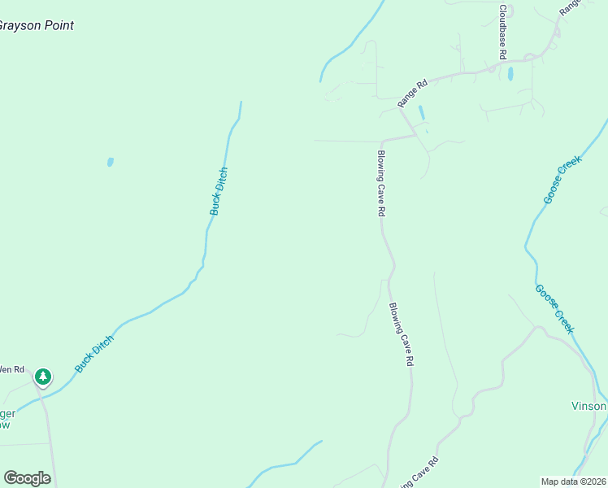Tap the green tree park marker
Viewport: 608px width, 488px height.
(x=43, y=377)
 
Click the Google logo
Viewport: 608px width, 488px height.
(x=27, y=478)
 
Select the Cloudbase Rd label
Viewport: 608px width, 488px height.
(x=503, y=32)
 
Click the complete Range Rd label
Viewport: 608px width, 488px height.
(x=412, y=94)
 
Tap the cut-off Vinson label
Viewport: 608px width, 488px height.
(x=588, y=406)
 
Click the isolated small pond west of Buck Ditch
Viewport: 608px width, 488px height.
(x=110, y=162)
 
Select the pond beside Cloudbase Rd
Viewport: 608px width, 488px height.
(x=510, y=74)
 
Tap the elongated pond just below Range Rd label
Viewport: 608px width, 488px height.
(x=421, y=112)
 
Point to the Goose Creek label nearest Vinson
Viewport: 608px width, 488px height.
(x=554, y=308)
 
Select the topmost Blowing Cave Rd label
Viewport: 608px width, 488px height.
(x=380, y=182)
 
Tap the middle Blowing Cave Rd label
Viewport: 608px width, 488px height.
(x=402, y=333)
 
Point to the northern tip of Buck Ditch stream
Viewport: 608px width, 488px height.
(x=241, y=102)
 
